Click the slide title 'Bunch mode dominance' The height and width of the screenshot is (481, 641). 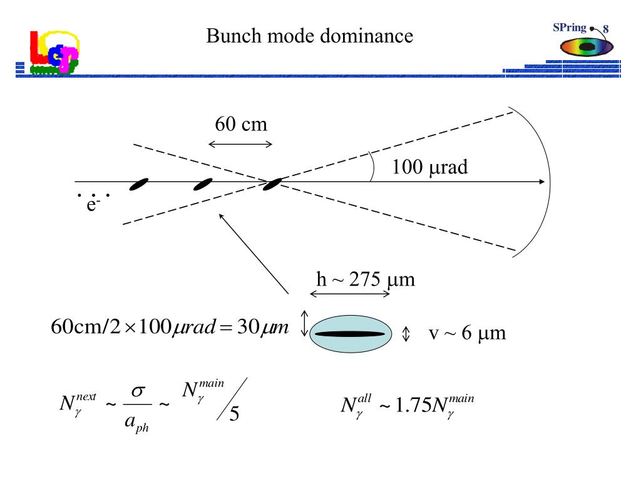(x=309, y=36)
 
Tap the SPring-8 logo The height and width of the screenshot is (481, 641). (x=584, y=39)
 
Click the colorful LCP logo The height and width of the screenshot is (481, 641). (x=54, y=52)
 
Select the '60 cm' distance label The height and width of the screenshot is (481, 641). (x=241, y=124)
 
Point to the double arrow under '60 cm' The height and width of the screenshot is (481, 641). (x=240, y=144)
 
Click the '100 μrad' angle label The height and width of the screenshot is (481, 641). (x=429, y=167)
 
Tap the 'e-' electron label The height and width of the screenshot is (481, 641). (x=93, y=204)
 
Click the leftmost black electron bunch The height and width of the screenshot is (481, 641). (x=138, y=185)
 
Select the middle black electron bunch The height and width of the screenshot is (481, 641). (x=203, y=185)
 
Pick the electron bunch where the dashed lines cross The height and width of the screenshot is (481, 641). (x=272, y=185)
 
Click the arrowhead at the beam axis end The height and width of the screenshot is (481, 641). (x=541, y=182)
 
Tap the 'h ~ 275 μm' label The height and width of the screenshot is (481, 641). (x=366, y=280)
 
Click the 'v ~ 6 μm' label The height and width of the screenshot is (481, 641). (x=467, y=333)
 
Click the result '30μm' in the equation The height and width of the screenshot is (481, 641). (x=263, y=327)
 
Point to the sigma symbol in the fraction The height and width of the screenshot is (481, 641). (x=138, y=391)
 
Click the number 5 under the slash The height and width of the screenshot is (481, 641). (x=234, y=413)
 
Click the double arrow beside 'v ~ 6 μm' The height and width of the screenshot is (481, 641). (x=406, y=334)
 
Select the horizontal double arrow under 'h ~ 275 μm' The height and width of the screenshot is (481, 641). (x=350, y=294)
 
